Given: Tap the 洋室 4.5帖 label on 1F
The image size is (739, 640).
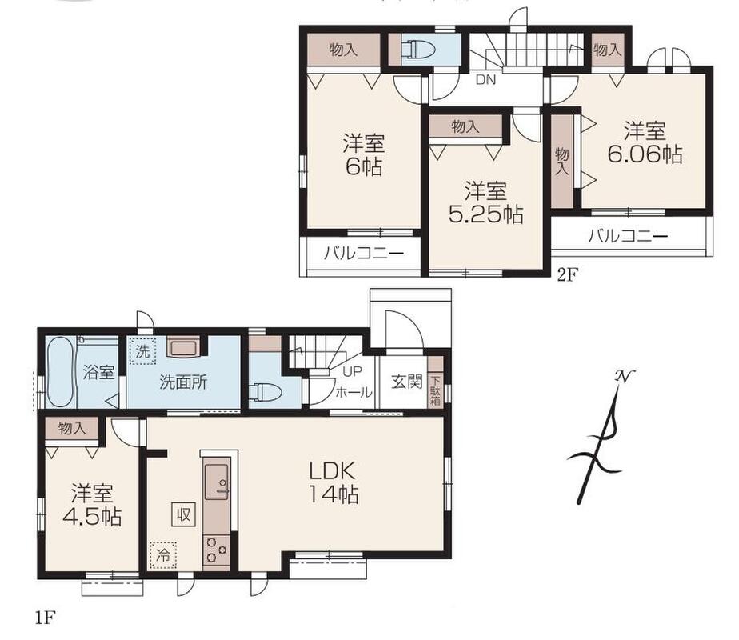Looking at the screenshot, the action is coord(92,504).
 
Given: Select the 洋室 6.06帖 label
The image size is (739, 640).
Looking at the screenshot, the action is coord(645,142).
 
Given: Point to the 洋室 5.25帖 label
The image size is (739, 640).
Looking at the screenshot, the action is coord(485,202).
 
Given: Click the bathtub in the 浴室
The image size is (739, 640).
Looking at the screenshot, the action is coord(62,372).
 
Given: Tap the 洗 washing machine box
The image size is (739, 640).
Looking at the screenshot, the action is coord(142,351).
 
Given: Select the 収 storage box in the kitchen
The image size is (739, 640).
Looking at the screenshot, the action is coord(183,514).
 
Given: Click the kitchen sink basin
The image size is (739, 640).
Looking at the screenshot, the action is coord(216,480).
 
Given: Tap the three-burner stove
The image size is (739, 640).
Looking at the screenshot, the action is coord(216,550).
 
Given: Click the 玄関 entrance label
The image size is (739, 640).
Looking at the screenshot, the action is coord(407,382).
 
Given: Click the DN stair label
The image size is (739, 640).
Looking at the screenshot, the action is coord(485,80).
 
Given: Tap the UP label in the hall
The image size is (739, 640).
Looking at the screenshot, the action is coord(353,372).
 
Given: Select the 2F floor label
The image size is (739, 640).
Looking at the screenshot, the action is coord(567,274).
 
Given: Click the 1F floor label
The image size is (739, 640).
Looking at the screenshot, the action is coord(46,618).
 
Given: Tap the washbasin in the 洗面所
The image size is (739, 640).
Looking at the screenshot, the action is coord(183,348).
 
